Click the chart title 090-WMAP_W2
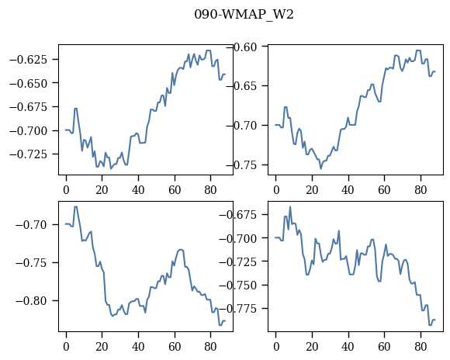coord(244,15)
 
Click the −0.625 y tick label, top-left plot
coord(28,60)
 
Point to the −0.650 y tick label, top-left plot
coord(28,84)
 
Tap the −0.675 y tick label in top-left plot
coord(28,107)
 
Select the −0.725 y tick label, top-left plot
coord(28,154)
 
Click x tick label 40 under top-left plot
coord(138,190)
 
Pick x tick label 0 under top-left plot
coord(66,190)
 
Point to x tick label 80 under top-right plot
coord(421,190)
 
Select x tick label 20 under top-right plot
coord(312,190)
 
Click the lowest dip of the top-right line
coord(321,168)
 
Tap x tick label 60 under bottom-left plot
coord(175,347)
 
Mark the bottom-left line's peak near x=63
coord(181,250)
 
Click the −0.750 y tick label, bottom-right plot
coord(238,286)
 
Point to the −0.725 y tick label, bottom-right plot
coord(238,261)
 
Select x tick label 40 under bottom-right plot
coord(348,347)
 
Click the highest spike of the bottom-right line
coord(290,206)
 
